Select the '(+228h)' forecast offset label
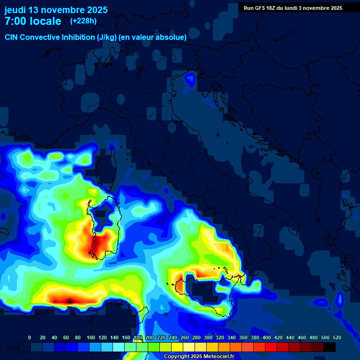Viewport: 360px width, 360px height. click(x=83, y=21)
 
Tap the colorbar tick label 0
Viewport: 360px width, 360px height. click(x=30, y=337)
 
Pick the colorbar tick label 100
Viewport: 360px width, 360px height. click(x=91, y=337)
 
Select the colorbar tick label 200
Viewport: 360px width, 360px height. click(x=150, y=337)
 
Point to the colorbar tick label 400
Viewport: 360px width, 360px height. click(x=267, y=337)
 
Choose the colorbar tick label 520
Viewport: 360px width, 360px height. click(x=337, y=337)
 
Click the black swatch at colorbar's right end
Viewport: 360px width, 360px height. click(x=330, y=347)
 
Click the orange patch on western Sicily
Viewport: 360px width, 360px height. click(x=179, y=285)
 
